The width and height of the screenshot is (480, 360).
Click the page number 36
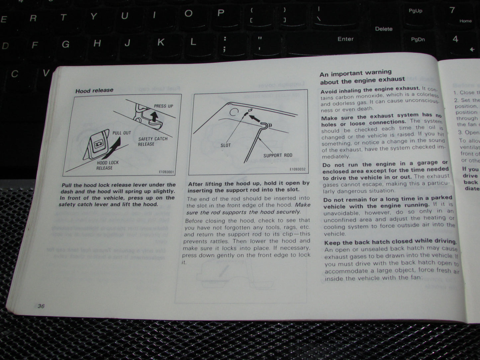point(41,306)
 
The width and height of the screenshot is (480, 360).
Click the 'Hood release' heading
point(94,90)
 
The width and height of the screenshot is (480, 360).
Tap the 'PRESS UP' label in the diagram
point(163,106)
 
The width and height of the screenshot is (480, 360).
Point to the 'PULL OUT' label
point(122,133)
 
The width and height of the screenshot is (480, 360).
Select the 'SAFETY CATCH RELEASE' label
point(153,141)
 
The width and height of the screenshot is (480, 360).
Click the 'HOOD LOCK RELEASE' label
point(107,165)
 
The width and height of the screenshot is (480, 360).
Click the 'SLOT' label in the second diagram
point(226,145)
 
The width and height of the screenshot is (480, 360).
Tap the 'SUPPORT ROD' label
point(278,155)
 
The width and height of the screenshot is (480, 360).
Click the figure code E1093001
point(167,172)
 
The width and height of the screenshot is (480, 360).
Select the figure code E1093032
point(297,169)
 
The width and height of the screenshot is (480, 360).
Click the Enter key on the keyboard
point(345,39)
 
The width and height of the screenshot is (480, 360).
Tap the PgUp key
point(415,11)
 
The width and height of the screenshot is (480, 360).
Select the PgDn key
point(418,40)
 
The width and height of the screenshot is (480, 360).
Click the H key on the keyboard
point(97,43)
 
